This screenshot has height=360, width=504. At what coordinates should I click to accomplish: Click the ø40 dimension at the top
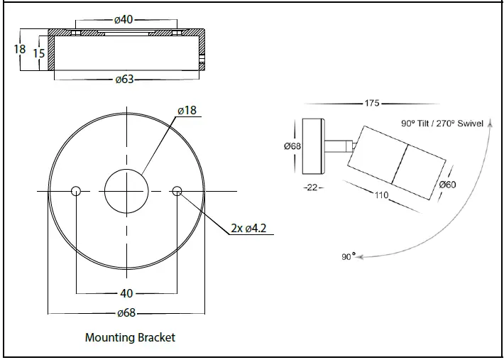(124, 19)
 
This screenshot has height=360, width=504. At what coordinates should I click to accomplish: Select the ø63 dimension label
(124, 80)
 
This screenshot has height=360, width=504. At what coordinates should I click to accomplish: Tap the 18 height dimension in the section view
(19, 50)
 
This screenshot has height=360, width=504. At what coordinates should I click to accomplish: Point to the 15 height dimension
(39, 54)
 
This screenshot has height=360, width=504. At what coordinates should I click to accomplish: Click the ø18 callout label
(187, 110)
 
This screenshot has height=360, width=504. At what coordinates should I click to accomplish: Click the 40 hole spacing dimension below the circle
(126, 293)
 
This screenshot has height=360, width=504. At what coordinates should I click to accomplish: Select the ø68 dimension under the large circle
(126, 312)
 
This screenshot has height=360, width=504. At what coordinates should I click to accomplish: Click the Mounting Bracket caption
(130, 337)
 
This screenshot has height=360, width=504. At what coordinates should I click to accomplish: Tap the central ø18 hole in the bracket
(126, 190)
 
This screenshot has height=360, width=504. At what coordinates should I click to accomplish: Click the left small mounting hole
(76, 190)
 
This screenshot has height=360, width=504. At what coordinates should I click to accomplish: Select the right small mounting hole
(177, 190)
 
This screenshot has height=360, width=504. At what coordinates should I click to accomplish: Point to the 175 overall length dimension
(372, 104)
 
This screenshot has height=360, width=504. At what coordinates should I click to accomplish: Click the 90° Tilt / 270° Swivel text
(442, 123)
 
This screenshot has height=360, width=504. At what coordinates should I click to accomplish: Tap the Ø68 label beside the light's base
(292, 146)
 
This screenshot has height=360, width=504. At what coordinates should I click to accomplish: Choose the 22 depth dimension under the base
(312, 187)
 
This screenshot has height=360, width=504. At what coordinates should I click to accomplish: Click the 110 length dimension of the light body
(381, 195)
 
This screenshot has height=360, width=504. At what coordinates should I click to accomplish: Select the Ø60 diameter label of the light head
(448, 185)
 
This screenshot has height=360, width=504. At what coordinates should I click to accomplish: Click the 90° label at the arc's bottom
(348, 256)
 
